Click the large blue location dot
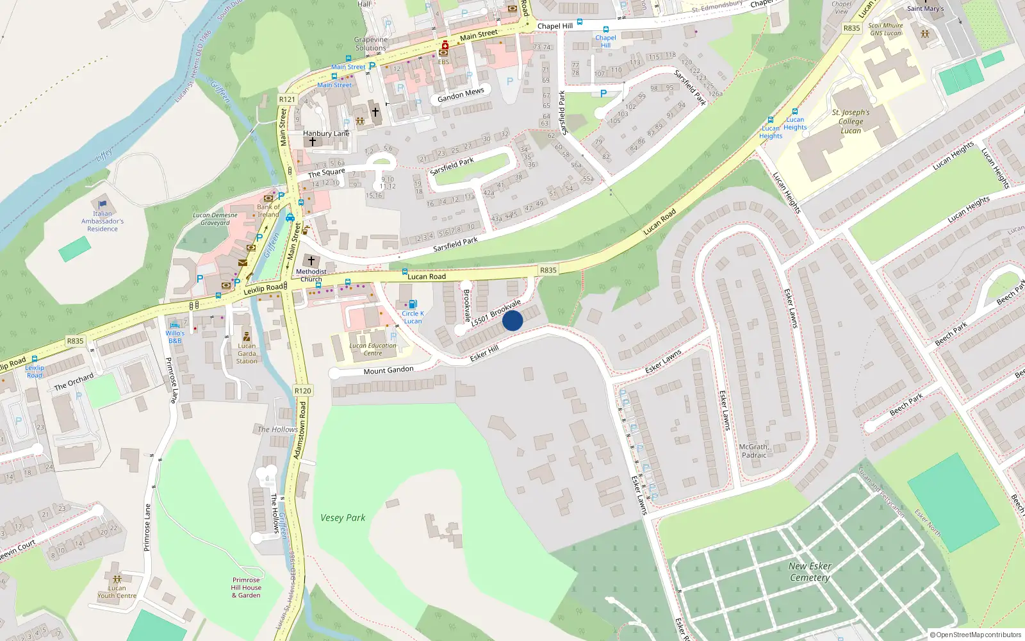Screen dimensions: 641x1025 [512, 320]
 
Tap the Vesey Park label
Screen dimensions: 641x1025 [343, 518]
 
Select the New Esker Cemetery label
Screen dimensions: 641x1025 [810, 572]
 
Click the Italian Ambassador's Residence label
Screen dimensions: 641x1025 [102, 221]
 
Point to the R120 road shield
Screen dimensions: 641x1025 [302, 391]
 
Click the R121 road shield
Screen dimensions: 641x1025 [287, 99]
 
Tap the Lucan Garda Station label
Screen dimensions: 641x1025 [247, 353]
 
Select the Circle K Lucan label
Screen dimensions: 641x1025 [413, 317]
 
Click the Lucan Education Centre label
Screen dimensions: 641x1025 [373, 349]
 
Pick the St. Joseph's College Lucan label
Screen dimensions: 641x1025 [851, 121]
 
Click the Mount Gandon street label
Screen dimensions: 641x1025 [388, 370]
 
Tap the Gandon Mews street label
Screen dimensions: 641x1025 [461, 95]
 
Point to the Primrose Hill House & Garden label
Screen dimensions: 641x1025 [247, 587]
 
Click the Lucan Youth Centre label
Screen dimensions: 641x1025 [117, 592]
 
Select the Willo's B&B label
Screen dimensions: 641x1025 [175, 337]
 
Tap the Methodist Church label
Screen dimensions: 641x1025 [311, 275]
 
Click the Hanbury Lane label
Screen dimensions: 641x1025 [326, 133]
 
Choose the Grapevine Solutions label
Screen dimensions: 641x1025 [371, 44]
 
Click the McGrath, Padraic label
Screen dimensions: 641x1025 [753, 451]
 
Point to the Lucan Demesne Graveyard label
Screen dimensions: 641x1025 [215, 219]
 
